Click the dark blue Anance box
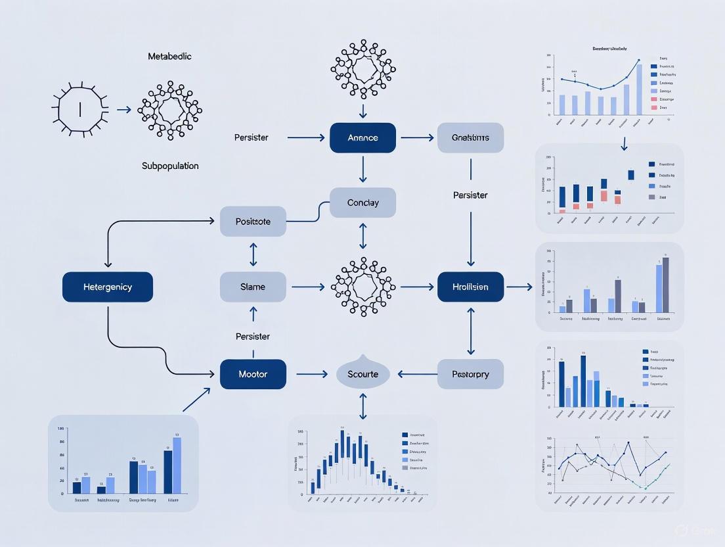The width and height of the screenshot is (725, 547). (362, 138)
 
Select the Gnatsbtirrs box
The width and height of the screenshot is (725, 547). (470, 138)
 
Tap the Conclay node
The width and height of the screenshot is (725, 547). (362, 202)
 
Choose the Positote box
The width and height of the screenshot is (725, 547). (253, 222)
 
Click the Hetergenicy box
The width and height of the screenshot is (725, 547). (108, 287)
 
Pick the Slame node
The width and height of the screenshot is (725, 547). (253, 287)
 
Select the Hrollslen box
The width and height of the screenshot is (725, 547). (470, 287)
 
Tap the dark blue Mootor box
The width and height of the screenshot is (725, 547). (253, 374)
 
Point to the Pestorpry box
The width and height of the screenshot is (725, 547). (470, 374)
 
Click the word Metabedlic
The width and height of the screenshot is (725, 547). (169, 57)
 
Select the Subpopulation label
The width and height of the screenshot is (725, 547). (170, 166)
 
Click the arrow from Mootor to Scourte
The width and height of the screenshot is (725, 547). (311, 374)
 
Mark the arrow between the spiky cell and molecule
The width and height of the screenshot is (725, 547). (123, 110)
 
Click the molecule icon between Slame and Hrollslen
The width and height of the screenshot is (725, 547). (362, 287)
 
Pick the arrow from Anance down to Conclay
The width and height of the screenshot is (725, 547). (362, 170)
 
